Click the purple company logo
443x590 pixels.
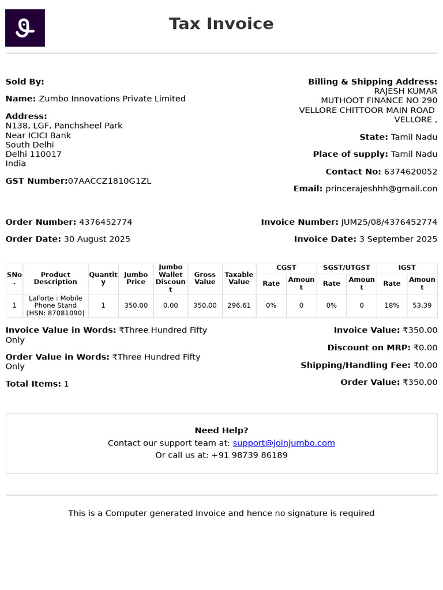(25, 28)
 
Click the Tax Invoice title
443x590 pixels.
(221, 24)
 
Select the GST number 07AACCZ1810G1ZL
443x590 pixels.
(110, 181)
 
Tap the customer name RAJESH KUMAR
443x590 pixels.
(406, 91)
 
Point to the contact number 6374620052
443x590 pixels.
(410, 172)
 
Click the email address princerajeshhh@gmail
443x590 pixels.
(381, 188)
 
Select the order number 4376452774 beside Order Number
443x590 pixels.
(106, 222)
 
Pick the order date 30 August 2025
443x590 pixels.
(97, 239)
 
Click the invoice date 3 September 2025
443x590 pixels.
(398, 239)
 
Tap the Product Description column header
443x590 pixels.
(55, 278)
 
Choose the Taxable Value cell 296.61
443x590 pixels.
(239, 305)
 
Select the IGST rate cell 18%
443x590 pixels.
(392, 305)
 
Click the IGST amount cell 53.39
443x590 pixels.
(422, 305)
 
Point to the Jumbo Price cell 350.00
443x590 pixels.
(136, 305)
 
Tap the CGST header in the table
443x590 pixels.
(286, 267)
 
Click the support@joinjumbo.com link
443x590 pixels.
(284, 443)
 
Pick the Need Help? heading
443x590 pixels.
(221, 430)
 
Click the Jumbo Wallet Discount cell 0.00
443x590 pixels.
(171, 305)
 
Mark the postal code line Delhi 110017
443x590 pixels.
(33, 154)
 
